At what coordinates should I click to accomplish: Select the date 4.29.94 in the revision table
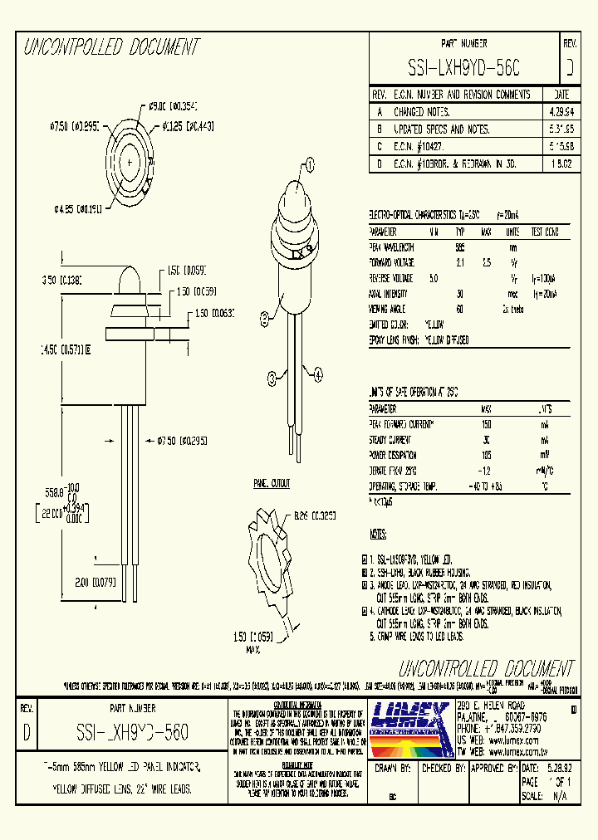pos(561,111)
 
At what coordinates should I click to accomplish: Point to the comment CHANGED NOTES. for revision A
pos(423,111)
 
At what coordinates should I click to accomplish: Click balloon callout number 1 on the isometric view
pos(311,164)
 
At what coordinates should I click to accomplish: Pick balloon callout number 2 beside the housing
pos(264,315)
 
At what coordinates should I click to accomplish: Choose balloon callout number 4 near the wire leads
pos(317,375)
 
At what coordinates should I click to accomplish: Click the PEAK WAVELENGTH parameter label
pos(392,247)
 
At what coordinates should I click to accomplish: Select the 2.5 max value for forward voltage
pos(487,262)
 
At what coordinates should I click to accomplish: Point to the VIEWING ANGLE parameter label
pos(387,309)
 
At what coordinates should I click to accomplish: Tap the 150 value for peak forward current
pos(487,424)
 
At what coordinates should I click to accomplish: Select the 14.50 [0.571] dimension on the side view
pos(67,349)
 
